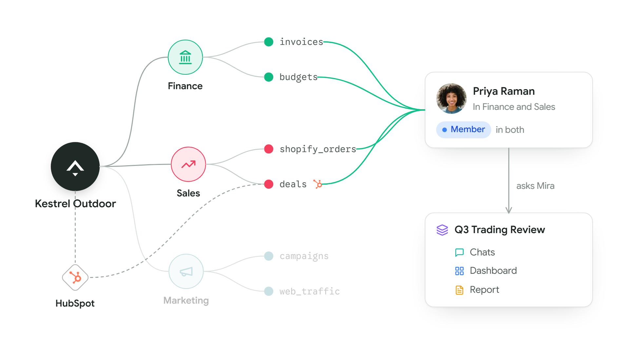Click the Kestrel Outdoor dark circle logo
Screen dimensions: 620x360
[75, 166]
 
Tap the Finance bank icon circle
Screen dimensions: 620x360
[185, 57]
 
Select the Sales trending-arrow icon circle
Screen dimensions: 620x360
[188, 164]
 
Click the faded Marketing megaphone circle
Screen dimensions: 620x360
[186, 271]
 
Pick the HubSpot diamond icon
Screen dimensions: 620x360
[75, 277]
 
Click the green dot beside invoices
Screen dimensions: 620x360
[269, 42]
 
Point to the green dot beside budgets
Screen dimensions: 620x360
[269, 77]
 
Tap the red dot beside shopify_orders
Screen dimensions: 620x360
[269, 149]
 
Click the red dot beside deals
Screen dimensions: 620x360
[269, 184]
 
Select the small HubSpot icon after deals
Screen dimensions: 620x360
[318, 184]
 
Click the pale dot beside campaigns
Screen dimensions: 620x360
[269, 256]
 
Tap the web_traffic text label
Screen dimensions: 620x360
[309, 291]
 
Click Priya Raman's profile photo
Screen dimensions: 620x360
[451, 98]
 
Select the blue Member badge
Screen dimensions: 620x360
[463, 130]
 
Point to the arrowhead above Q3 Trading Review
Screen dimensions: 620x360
[509, 210]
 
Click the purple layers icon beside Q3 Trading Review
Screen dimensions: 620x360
[442, 230]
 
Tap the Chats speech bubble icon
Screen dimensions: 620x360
[459, 252]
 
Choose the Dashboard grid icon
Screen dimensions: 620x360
[459, 271]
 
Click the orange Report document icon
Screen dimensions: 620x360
[459, 290]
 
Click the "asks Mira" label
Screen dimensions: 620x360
[535, 186]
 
